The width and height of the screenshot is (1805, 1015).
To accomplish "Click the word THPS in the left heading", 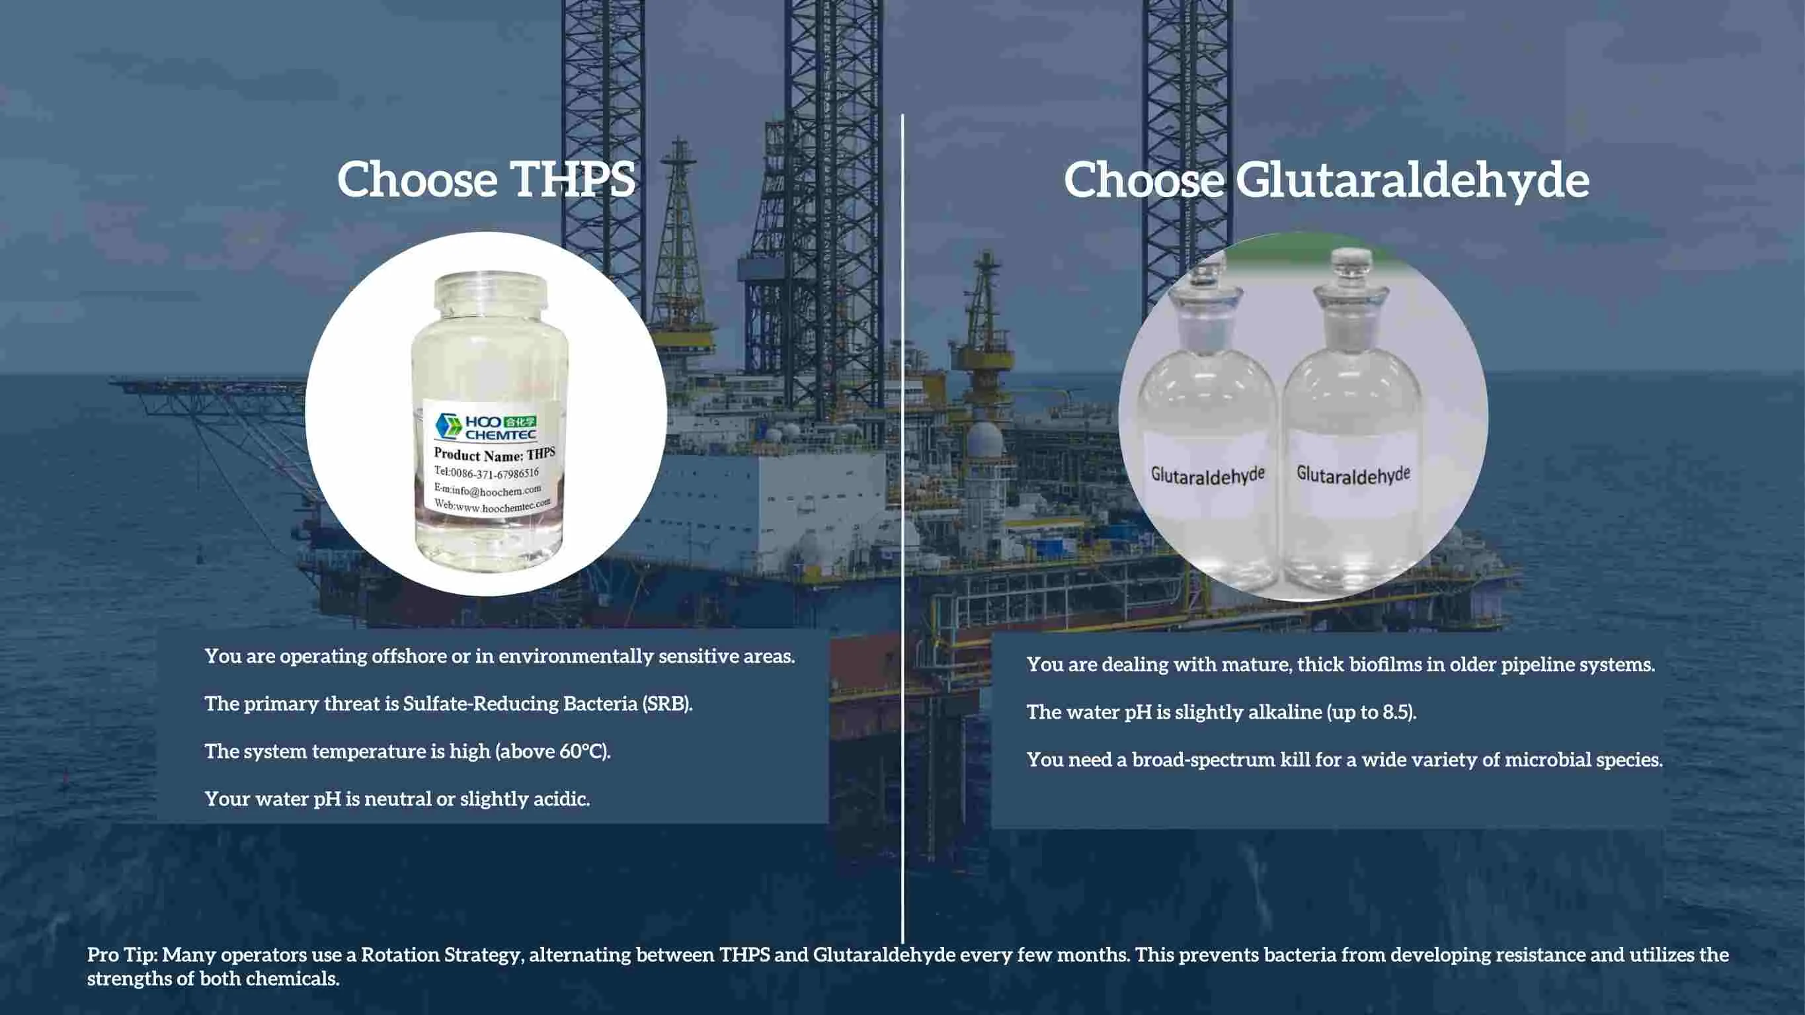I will pos(572,179).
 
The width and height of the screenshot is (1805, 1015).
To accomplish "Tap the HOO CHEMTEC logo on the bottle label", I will pos(485,426).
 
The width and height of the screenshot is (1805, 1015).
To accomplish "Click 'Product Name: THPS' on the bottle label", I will pos(494,454).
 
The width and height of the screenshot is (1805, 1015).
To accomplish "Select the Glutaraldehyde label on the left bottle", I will pos(1207,475).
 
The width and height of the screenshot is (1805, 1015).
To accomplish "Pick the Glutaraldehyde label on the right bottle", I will pos(1352,475).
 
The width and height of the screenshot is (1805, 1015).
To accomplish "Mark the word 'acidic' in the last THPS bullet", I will pos(559,799).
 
